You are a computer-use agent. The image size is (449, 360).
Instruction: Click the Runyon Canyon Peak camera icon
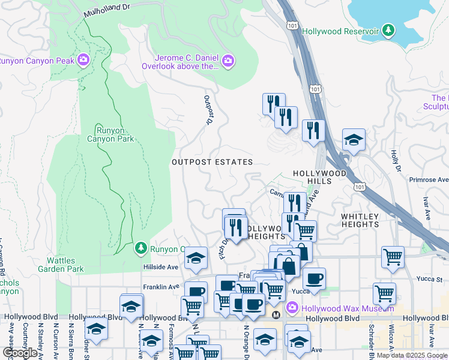[83, 59]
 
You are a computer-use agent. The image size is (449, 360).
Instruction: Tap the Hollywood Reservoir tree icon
[389, 31]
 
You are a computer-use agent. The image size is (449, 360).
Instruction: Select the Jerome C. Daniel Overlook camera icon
[228, 60]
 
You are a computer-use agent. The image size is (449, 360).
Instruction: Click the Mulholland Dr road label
[107, 11]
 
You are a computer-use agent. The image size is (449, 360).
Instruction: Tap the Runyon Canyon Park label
[110, 134]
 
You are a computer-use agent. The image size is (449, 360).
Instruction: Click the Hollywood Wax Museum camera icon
[292, 308]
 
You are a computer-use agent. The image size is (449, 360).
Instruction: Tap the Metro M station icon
[276, 314]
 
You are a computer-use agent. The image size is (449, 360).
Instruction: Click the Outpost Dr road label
[208, 109]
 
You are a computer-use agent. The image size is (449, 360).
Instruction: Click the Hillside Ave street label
[161, 267]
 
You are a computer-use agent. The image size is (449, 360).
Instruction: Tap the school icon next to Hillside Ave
[196, 258]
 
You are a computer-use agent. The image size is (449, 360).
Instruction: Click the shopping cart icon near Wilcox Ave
[384, 293]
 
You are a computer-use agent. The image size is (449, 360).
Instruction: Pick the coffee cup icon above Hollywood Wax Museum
[314, 278]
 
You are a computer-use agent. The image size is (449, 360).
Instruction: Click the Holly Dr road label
[395, 160]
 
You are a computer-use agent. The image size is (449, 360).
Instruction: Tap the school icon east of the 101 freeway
[354, 140]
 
